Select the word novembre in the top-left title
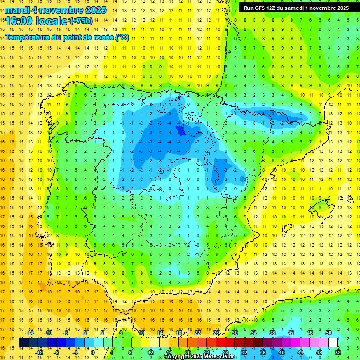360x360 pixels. [61, 10]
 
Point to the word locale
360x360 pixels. [53, 21]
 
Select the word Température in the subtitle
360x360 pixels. [27, 37]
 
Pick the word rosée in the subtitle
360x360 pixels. [103, 37]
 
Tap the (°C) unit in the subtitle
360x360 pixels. [122, 37]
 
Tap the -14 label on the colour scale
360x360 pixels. [30, 333]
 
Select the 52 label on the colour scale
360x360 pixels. [338, 352]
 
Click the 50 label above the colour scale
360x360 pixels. [329, 333]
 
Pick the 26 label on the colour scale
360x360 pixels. [216, 333]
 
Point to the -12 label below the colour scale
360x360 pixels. [39, 352]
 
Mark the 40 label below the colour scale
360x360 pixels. [281, 352]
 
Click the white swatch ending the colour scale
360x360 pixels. [333, 343]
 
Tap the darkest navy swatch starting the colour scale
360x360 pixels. [23, 343]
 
